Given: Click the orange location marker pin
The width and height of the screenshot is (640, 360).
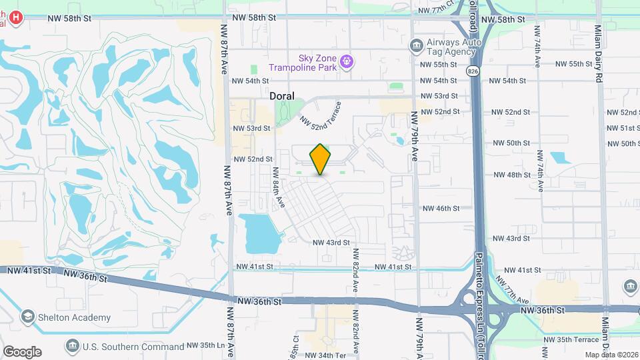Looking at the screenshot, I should click(321, 159).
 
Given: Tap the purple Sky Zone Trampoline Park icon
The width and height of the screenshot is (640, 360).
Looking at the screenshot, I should click(347, 63).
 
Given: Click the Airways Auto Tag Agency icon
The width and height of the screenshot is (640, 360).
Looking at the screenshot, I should click(417, 45).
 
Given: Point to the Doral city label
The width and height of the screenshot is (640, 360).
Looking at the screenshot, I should click(282, 96).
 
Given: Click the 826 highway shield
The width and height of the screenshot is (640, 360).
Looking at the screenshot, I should click(472, 71).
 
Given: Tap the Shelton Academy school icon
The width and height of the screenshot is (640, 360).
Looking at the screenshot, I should click(27, 317).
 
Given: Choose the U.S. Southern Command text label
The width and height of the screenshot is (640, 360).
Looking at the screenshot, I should click(133, 347).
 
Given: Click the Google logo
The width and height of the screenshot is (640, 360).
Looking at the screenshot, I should click(22, 352).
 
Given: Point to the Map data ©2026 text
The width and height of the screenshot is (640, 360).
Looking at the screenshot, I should click(611, 355).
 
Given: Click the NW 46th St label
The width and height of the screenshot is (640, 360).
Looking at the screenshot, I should click(441, 209).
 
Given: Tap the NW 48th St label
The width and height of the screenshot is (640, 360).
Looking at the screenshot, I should click(511, 175).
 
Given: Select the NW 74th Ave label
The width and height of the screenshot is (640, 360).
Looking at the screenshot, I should click(537, 47).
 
